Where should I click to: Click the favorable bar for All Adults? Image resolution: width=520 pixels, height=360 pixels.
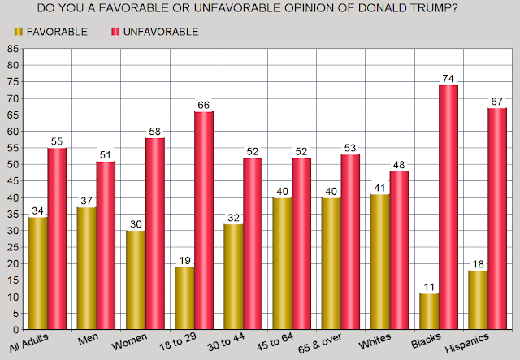coord(36,274)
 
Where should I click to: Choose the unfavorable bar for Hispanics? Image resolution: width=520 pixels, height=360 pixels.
coord(496,219)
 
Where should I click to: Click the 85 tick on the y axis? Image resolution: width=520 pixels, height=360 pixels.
coord(14,49)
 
